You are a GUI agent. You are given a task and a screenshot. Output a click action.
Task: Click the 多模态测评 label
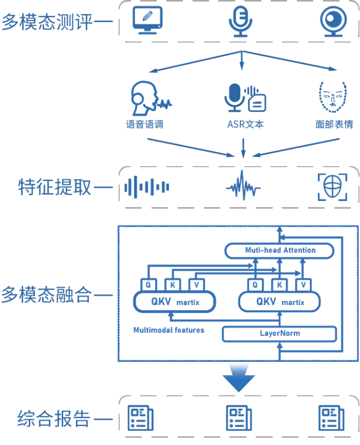pyautogui.click(x=47, y=22)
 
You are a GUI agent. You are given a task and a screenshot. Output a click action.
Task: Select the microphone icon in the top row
pyautogui.click(x=241, y=21)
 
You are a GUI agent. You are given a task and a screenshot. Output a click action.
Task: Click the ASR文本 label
pyautogui.click(x=244, y=124)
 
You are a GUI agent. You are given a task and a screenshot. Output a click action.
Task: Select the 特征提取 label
pyautogui.click(x=54, y=188)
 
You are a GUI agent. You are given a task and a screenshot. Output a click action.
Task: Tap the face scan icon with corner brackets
pyautogui.click(x=332, y=187)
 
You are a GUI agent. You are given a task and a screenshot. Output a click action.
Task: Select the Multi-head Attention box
pyautogui.click(x=280, y=251)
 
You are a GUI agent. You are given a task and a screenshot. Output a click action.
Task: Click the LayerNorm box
pyautogui.click(x=279, y=334)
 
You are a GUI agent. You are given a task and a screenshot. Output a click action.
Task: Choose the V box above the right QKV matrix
pyautogui.click(x=302, y=284)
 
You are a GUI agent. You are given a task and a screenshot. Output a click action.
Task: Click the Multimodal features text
pyautogui.click(x=169, y=330)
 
